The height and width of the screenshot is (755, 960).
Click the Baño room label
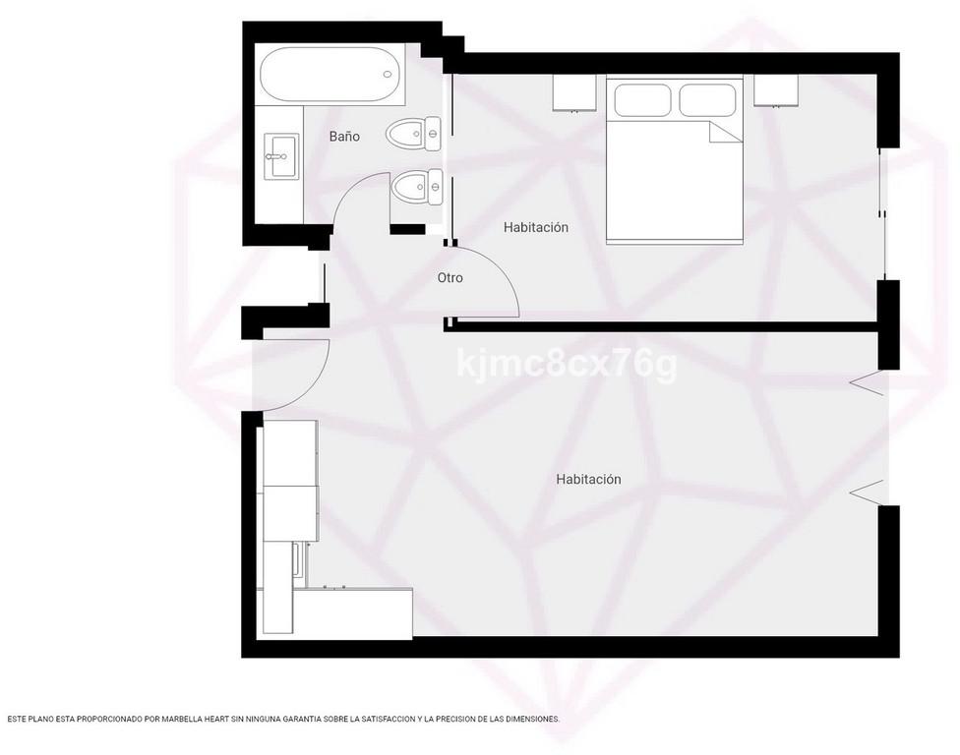coord(344,137)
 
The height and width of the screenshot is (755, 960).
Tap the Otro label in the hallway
coord(450,278)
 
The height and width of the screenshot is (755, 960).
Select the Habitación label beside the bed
coord(536,227)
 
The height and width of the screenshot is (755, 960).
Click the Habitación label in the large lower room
coord(588,479)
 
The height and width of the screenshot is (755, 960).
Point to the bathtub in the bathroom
coord(330,75)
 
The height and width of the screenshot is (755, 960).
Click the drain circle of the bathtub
coord(387,75)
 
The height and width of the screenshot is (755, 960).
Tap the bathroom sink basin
coord(281,157)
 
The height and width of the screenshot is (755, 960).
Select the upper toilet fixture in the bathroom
coord(413,134)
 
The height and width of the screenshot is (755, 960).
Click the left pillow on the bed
coord(643,99)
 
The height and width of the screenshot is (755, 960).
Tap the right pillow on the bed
coord(707,99)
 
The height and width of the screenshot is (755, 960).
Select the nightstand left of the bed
coord(574,93)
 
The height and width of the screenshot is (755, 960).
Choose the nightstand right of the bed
coord(776,90)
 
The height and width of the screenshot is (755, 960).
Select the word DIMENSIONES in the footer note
coord(531,720)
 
